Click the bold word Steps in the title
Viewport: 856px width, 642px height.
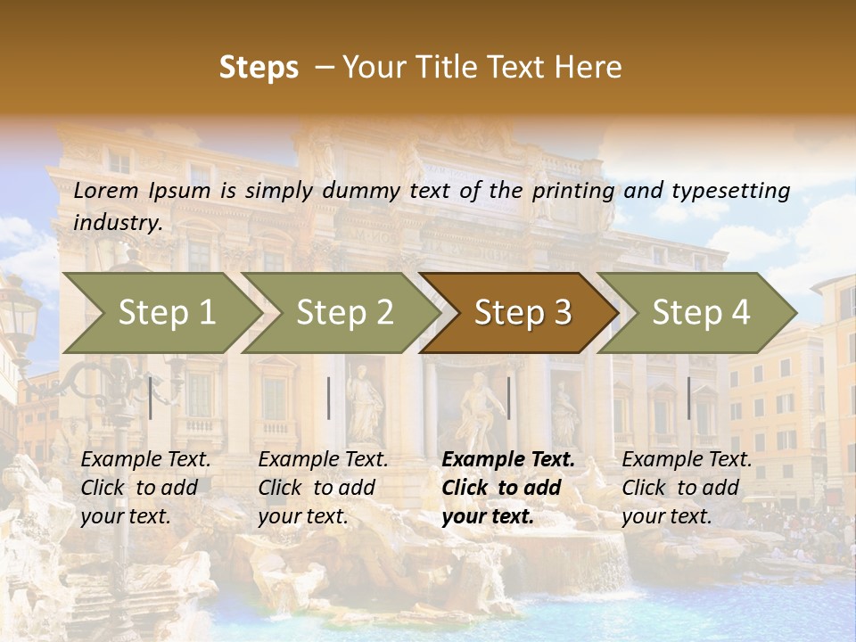pyautogui.click(x=259, y=68)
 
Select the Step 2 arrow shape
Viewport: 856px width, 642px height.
pyautogui.click(x=343, y=312)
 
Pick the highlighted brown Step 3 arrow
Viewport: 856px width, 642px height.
pyautogui.click(x=522, y=312)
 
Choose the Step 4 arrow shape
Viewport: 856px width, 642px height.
pyautogui.click(x=700, y=312)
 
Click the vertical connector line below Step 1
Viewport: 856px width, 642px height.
pyautogui.click(x=151, y=398)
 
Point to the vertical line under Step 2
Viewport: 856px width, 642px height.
pyautogui.click(x=329, y=398)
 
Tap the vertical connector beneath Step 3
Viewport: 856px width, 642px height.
pyautogui.click(x=508, y=398)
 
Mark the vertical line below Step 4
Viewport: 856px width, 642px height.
pyautogui.click(x=688, y=398)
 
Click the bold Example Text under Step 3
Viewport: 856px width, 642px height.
pyautogui.click(x=508, y=488)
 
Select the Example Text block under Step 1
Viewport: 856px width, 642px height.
pyautogui.click(x=145, y=488)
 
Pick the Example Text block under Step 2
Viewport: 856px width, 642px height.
pyautogui.click(x=323, y=488)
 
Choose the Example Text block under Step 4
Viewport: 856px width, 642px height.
pyautogui.click(x=687, y=488)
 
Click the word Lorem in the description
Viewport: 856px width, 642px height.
pyautogui.click(x=106, y=190)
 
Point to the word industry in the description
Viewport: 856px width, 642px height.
pyautogui.click(x=118, y=223)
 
